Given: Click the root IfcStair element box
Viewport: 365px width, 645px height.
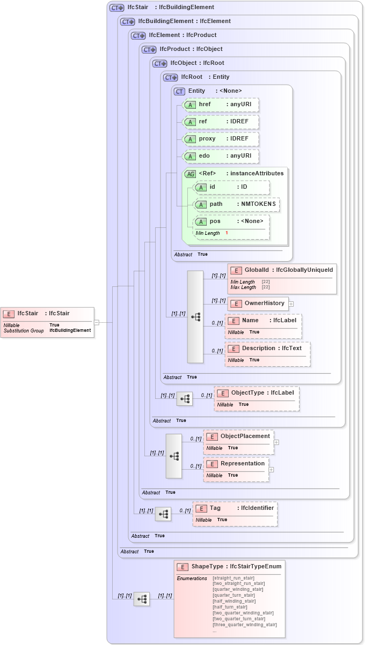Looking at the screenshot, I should [47, 322].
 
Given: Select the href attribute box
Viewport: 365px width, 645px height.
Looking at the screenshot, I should [221, 105].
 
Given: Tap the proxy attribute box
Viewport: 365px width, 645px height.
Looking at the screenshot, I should [221, 139].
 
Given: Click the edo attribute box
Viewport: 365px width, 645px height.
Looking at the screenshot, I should [221, 156].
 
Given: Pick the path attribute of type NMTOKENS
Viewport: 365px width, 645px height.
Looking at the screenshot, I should [236, 204].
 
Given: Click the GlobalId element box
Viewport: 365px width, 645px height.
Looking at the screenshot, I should [282, 278].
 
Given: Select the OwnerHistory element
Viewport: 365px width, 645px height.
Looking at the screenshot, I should [258, 303].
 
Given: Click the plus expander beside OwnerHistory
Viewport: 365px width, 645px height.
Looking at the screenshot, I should [291, 304].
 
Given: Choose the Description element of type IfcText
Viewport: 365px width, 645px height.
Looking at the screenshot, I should [268, 354].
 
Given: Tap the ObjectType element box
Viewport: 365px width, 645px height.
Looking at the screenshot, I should [257, 398].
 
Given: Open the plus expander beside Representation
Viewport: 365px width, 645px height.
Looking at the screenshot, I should [272, 470].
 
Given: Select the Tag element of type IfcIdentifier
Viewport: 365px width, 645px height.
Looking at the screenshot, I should [235, 514].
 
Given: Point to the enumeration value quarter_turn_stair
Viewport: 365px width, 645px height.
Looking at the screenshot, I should [233, 595].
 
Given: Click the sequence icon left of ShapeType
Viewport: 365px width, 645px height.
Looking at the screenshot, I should [141, 599].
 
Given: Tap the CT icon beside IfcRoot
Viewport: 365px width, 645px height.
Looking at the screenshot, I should [171, 77].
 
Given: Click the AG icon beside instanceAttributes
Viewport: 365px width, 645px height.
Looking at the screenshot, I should [190, 174].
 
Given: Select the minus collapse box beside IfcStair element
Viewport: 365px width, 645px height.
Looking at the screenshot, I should [97, 322].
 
